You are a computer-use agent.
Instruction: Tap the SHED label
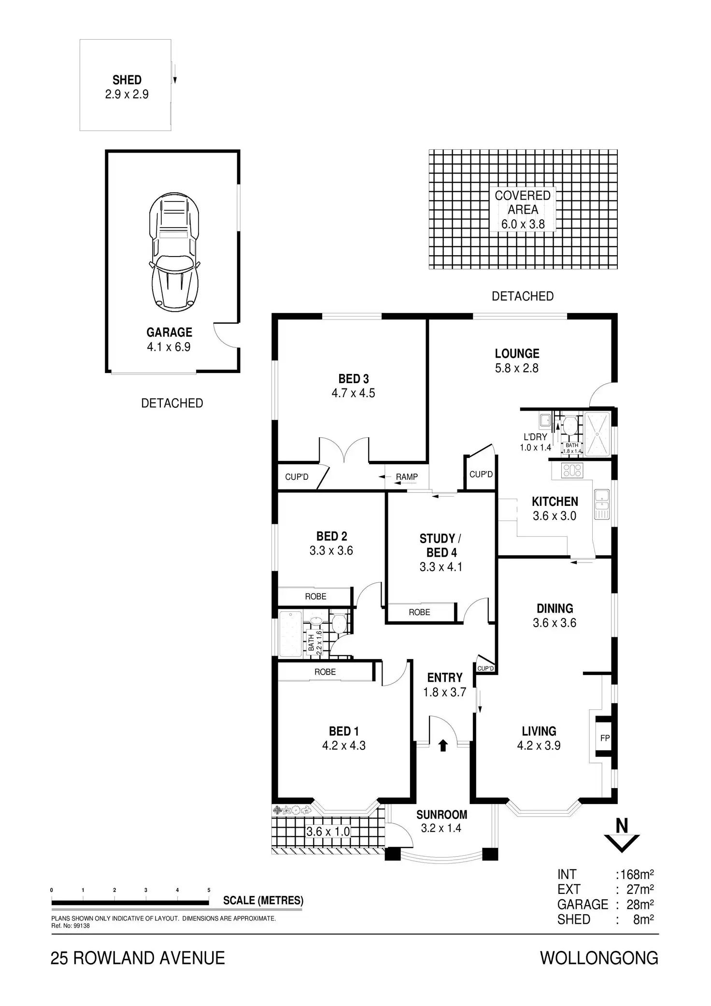pos(127,80)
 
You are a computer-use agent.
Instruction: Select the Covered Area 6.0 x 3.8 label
pos(523,209)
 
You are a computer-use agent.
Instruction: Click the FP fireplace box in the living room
pos(605,738)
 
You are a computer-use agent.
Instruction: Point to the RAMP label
pos(407,477)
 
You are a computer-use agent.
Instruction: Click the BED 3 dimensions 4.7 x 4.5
pos(353,393)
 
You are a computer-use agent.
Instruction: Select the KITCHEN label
pos(555,502)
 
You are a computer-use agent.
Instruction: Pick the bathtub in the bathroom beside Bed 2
pos(290,633)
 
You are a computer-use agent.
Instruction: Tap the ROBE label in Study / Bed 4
pos(419,612)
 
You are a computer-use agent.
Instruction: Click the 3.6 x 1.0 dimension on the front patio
pos(328,832)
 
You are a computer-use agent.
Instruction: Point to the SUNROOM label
pos(441,815)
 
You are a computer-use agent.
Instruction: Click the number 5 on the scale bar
pos(209,890)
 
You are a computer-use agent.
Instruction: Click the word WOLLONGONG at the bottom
pos(599,958)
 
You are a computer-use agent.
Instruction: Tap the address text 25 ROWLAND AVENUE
pos(138,958)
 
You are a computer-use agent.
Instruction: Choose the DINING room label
pos(555,609)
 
